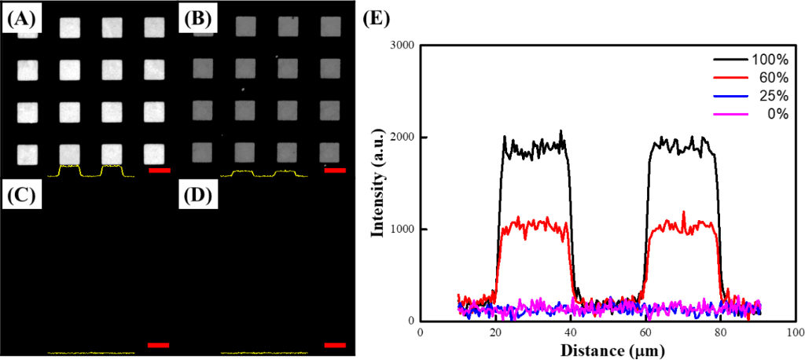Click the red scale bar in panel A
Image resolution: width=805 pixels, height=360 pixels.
tap(158, 170)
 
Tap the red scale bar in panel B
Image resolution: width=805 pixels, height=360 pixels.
tap(334, 170)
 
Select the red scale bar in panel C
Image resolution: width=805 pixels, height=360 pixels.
tap(158, 344)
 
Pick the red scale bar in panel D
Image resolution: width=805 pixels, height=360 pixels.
tap(334, 344)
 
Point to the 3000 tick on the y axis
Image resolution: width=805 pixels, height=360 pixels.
tap(399, 45)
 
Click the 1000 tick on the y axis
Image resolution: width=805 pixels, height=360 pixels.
tap(399, 230)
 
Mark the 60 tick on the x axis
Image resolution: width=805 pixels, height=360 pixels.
tap(645, 332)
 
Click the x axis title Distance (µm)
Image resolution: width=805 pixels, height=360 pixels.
tap(605, 349)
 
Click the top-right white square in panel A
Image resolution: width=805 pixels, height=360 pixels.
tap(155, 27)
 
